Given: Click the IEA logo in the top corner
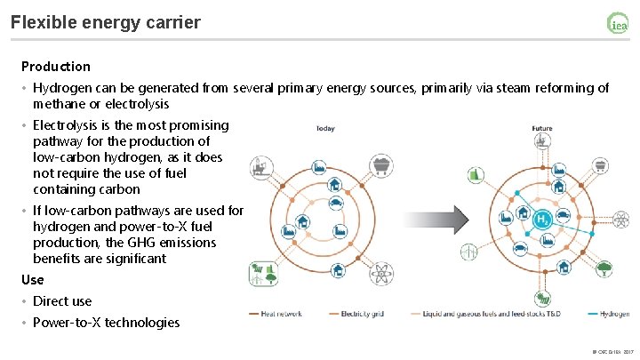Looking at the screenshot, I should point(617,24).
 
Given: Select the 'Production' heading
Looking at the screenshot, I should point(56,67).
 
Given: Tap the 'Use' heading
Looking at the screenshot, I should point(32,280).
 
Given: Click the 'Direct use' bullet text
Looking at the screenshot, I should point(62,301).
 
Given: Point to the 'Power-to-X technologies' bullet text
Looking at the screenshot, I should point(106,323).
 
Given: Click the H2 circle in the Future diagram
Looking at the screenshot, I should point(541,218).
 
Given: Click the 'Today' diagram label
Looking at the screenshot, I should point(325,128).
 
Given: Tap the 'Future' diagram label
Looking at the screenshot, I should point(541,128).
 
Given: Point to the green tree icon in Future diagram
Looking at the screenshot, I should point(604,268).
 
